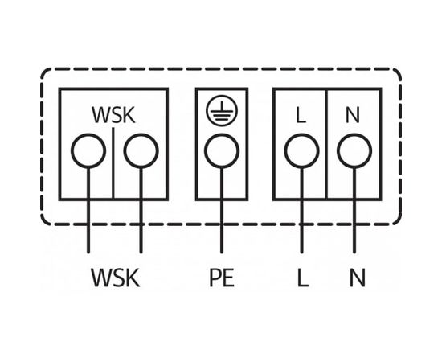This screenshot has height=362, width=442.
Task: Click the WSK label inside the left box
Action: [x=113, y=115]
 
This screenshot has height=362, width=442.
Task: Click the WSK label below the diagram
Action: [x=115, y=278]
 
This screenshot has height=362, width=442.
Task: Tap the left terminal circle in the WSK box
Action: [x=88, y=150]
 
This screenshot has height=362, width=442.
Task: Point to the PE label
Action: [x=221, y=278]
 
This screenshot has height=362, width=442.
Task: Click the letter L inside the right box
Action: [x=301, y=115]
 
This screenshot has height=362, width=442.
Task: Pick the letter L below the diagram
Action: [x=302, y=278]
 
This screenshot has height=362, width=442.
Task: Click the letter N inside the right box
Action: [x=353, y=115]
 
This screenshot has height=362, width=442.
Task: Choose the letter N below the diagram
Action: [x=357, y=278]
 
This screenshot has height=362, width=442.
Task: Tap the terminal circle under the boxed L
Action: [x=301, y=150]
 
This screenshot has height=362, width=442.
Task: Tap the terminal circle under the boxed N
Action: [x=353, y=150]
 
